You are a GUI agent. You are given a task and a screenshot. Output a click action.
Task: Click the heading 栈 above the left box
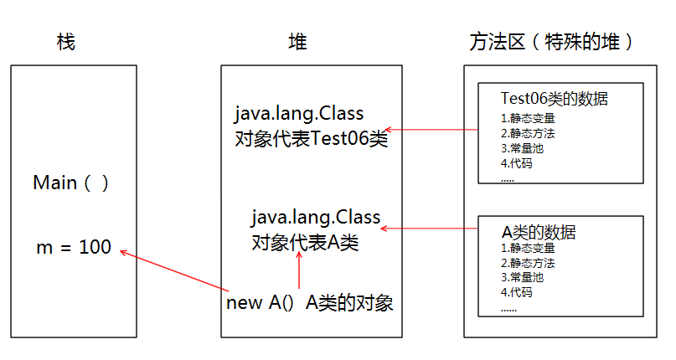pyautogui.click(x=65, y=43)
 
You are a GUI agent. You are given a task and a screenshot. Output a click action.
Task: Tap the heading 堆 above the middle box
pyautogui.click(x=297, y=43)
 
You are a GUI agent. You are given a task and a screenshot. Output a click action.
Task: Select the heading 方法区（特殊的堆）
pyautogui.click(x=551, y=43)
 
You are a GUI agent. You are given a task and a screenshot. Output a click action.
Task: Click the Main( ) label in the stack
pyautogui.click(x=71, y=183)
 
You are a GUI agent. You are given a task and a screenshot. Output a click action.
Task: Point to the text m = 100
pyautogui.click(x=74, y=248)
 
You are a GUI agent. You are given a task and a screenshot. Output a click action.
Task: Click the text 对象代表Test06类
pyautogui.click(x=312, y=139)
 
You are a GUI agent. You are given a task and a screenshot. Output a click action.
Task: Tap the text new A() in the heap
pyautogui.click(x=260, y=303)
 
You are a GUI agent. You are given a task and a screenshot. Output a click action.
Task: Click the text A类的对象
pyautogui.click(x=349, y=303)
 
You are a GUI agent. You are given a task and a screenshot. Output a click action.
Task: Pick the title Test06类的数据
pyautogui.click(x=554, y=100)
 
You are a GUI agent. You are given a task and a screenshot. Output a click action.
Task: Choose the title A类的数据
pyautogui.click(x=539, y=231)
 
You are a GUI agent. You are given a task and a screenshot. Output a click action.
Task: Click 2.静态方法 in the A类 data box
pyautogui.click(x=528, y=262)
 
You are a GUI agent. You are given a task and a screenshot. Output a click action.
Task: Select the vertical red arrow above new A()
pyautogui.click(x=298, y=272)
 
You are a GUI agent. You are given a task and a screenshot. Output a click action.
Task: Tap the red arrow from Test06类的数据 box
pyautogui.click(x=431, y=130)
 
